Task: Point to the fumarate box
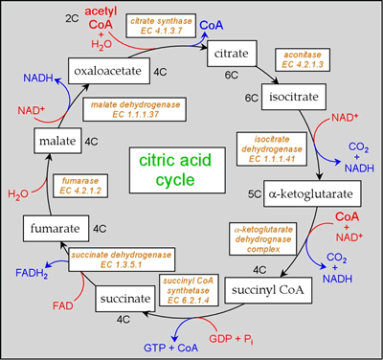(54, 230)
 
